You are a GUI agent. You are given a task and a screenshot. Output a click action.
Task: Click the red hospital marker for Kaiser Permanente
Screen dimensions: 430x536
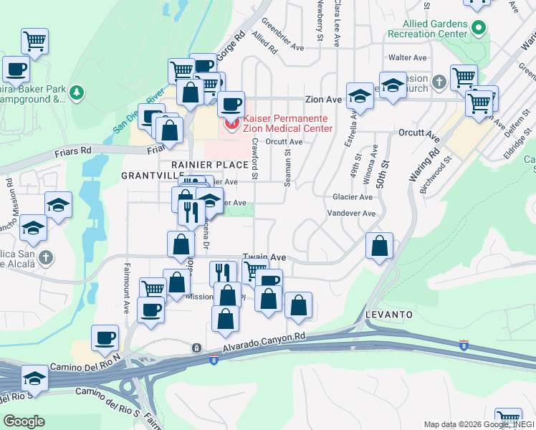coord(231,124)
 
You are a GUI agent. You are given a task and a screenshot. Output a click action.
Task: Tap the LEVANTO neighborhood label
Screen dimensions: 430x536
coord(388,315)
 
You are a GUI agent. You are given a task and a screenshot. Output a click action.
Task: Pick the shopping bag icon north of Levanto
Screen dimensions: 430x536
coord(380,246)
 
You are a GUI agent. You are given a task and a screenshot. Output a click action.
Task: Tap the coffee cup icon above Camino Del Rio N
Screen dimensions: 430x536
coord(105,338)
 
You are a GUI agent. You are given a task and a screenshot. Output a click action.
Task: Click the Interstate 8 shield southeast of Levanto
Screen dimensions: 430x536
coord(464,345)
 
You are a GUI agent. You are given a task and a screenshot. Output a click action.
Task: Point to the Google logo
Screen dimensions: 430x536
coord(24,421)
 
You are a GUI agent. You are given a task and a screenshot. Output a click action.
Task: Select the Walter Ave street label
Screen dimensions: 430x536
coord(407,57)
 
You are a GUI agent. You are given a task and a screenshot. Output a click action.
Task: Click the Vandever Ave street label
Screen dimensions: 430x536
coord(351,214)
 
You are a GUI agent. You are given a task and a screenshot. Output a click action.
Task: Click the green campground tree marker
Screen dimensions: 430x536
coord(77,91)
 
